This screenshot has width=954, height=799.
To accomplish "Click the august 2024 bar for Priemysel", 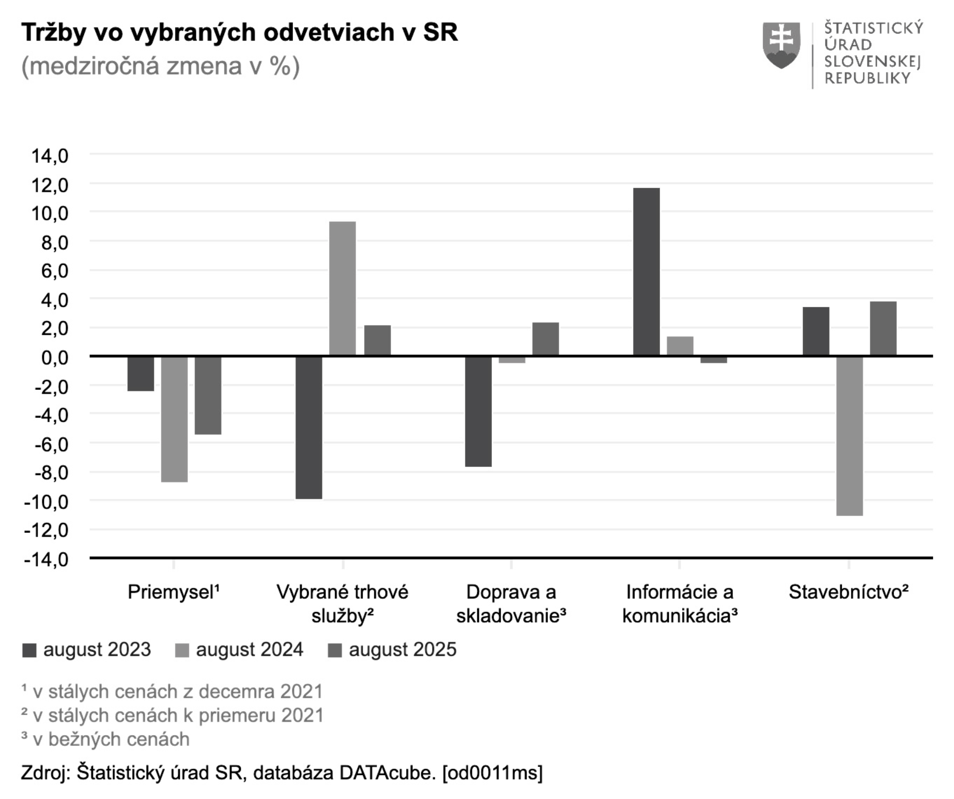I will click(x=174, y=419).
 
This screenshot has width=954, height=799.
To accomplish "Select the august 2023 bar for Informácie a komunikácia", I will click(x=646, y=272).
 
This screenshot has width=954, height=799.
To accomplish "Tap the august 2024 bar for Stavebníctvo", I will click(x=849, y=435).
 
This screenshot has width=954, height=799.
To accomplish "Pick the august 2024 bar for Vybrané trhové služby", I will click(x=342, y=288).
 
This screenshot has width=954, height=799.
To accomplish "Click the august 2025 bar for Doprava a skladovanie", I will click(x=545, y=339).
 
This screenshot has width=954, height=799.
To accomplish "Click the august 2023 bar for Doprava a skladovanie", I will click(x=478, y=411).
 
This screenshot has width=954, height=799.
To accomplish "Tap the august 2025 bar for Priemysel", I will click(x=208, y=395).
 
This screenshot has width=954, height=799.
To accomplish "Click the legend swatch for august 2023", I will click(x=29, y=650).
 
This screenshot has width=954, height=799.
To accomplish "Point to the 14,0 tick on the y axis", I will click(x=50, y=156).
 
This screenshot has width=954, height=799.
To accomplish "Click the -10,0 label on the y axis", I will click(x=46, y=502).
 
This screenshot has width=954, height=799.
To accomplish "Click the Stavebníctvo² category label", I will click(x=848, y=592).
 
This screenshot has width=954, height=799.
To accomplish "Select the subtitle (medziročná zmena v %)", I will click(x=161, y=66).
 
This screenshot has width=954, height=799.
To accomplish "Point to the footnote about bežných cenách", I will click(x=105, y=739).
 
